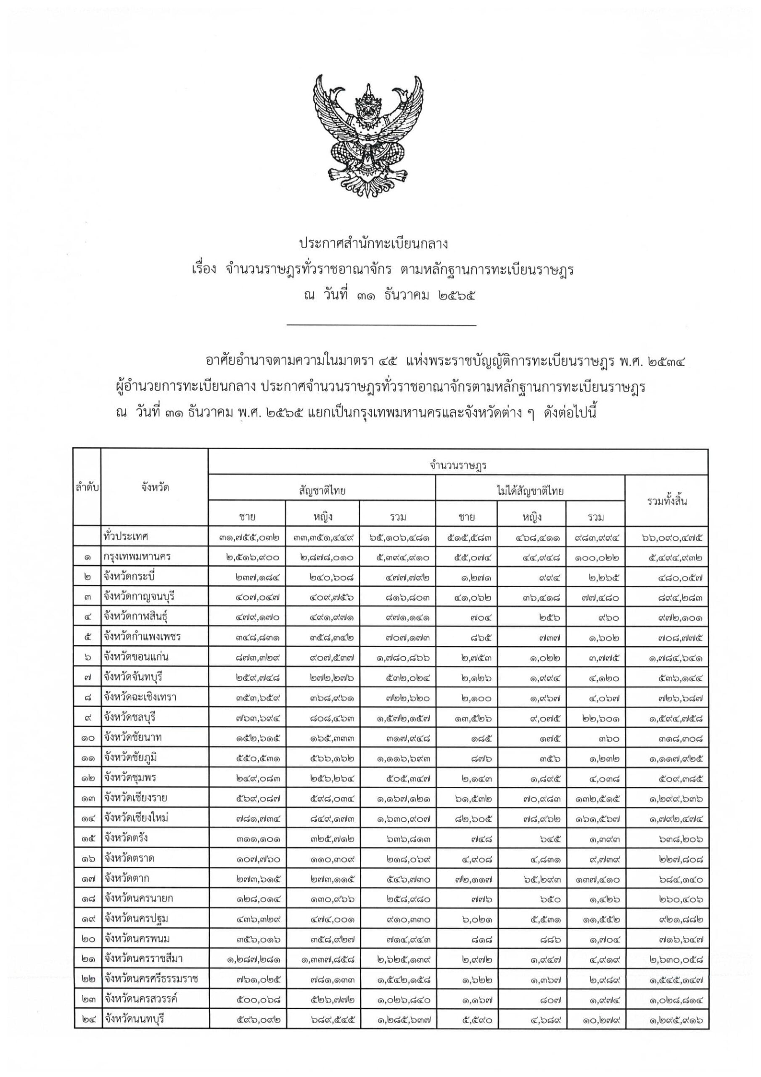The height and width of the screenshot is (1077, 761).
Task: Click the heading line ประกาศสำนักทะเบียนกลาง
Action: (x=373, y=244)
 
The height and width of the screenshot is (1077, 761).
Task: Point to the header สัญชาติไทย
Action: (x=322, y=491)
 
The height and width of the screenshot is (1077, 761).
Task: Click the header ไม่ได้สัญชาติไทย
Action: (x=530, y=491)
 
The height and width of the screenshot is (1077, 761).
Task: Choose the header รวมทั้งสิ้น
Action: (x=667, y=501)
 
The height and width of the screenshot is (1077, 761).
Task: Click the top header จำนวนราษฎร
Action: (x=457, y=465)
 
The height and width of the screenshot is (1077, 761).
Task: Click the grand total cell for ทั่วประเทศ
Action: (x=672, y=538)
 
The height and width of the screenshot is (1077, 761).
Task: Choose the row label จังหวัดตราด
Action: (x=129, y=858)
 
